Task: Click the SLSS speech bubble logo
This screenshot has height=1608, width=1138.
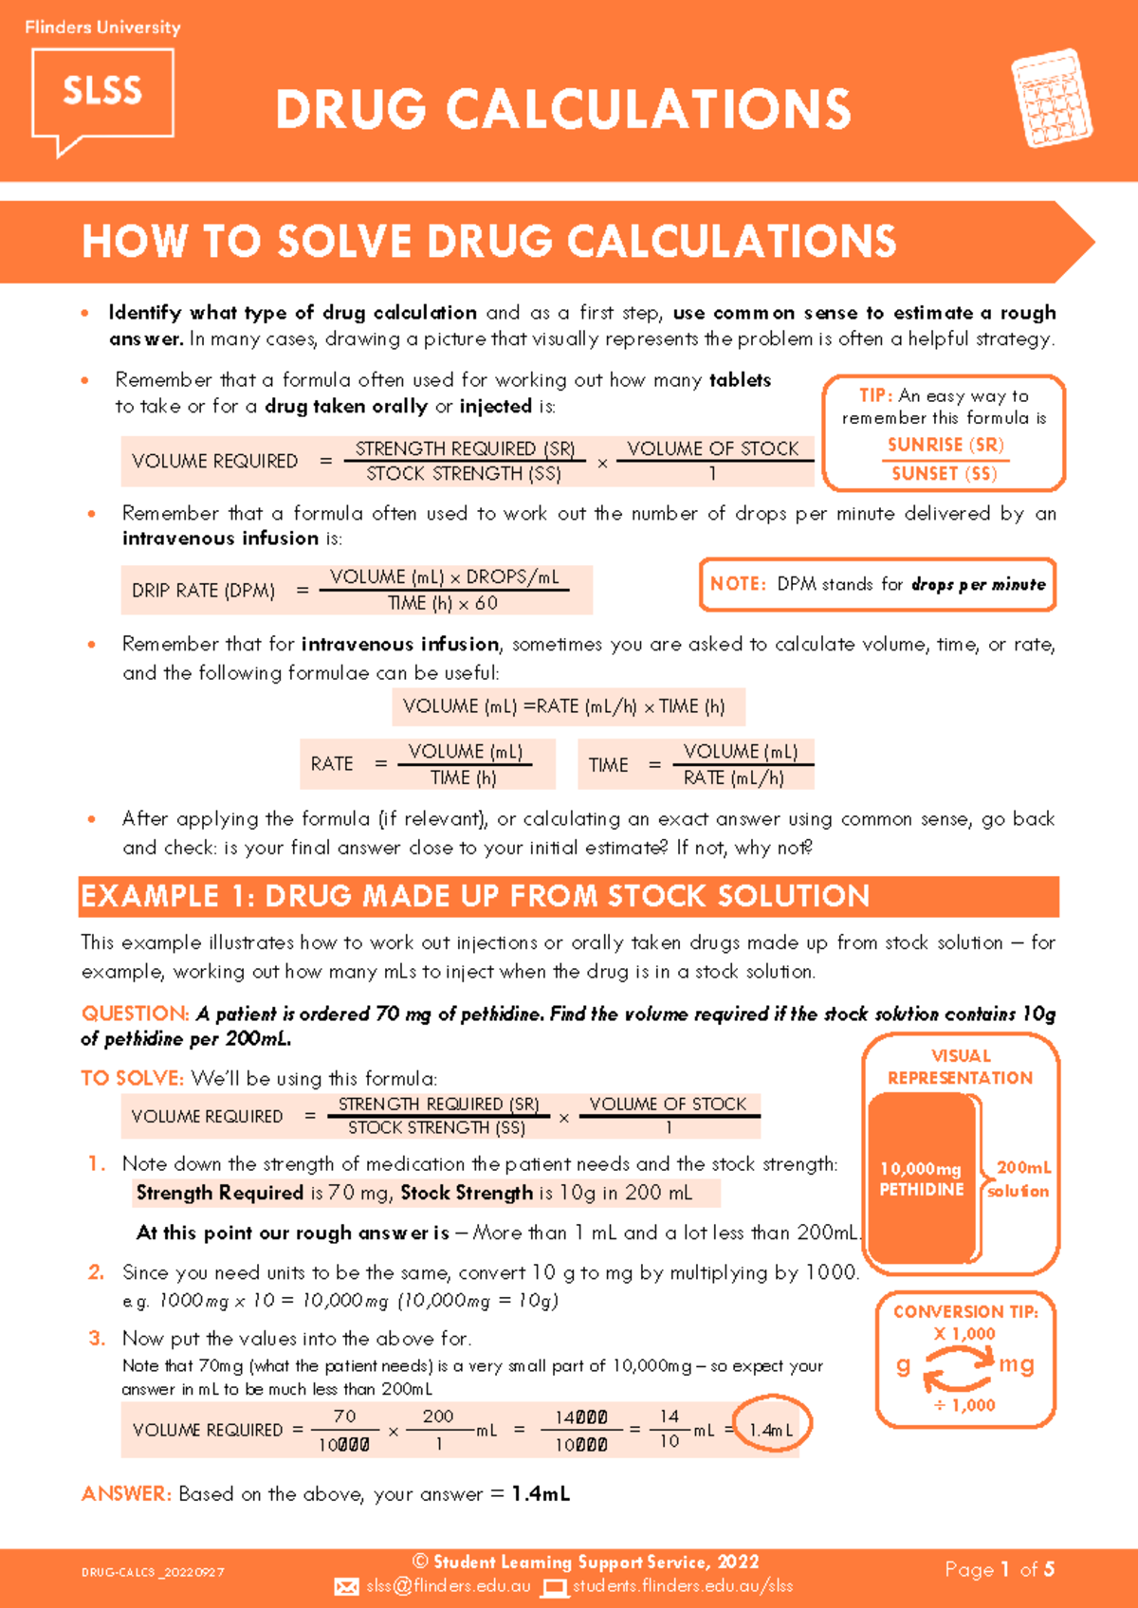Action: pos(102,95)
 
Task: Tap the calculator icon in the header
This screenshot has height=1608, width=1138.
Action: pos(1051,99)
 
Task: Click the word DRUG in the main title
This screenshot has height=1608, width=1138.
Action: pos(351,109)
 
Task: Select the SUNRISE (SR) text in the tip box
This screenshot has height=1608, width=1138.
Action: pos(945,445)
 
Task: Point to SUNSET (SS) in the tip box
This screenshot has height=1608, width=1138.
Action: pos(945,473)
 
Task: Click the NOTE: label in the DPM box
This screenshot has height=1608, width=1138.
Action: pos(738,584)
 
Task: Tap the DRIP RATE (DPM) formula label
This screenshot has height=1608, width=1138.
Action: pos(204,591)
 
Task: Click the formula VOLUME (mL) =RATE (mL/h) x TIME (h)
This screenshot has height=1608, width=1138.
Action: pos(564,706)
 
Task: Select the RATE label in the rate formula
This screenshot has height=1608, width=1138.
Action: pos(332,764)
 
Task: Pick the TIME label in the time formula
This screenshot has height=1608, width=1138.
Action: pos(608,765)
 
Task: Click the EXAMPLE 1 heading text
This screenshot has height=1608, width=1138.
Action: pos(474,896)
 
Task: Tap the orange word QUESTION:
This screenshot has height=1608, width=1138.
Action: pos(135,1014)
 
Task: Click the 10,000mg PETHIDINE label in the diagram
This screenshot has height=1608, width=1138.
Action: pos(921,1179)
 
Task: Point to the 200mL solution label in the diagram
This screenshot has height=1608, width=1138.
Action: pos(1021,1179)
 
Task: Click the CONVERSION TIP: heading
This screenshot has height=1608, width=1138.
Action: pos(965,1312)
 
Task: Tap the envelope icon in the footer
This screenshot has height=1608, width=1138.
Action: pos(347,1587)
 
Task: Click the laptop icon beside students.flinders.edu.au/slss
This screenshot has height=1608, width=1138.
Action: pos(555,1587)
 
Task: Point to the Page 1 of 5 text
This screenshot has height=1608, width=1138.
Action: pos(1000,1570)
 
